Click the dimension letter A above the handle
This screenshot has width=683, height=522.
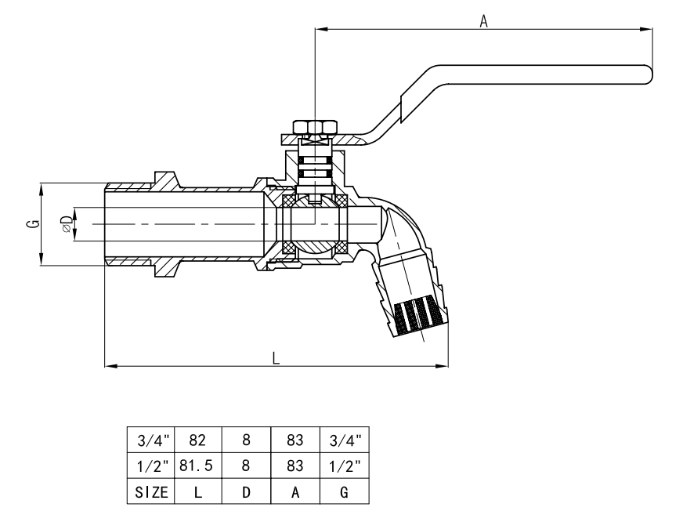(x=484, y=22)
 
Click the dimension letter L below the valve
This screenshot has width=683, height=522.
(x=276, y=357)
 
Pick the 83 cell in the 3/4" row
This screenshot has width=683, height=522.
(x=295, y=441)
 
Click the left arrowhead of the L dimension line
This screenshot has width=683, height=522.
(x=110, y=365)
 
